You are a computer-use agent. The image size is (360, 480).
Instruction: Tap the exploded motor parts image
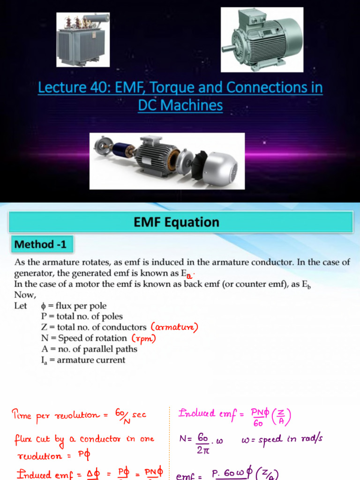coord(167,161)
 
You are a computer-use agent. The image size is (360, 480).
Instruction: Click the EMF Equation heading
coord(180,222)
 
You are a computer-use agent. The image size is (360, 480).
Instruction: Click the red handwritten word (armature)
coord(174,327)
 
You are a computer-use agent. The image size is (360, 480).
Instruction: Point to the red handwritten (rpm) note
coord(143,338)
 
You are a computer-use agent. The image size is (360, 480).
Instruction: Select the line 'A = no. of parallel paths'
coord(89,349)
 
